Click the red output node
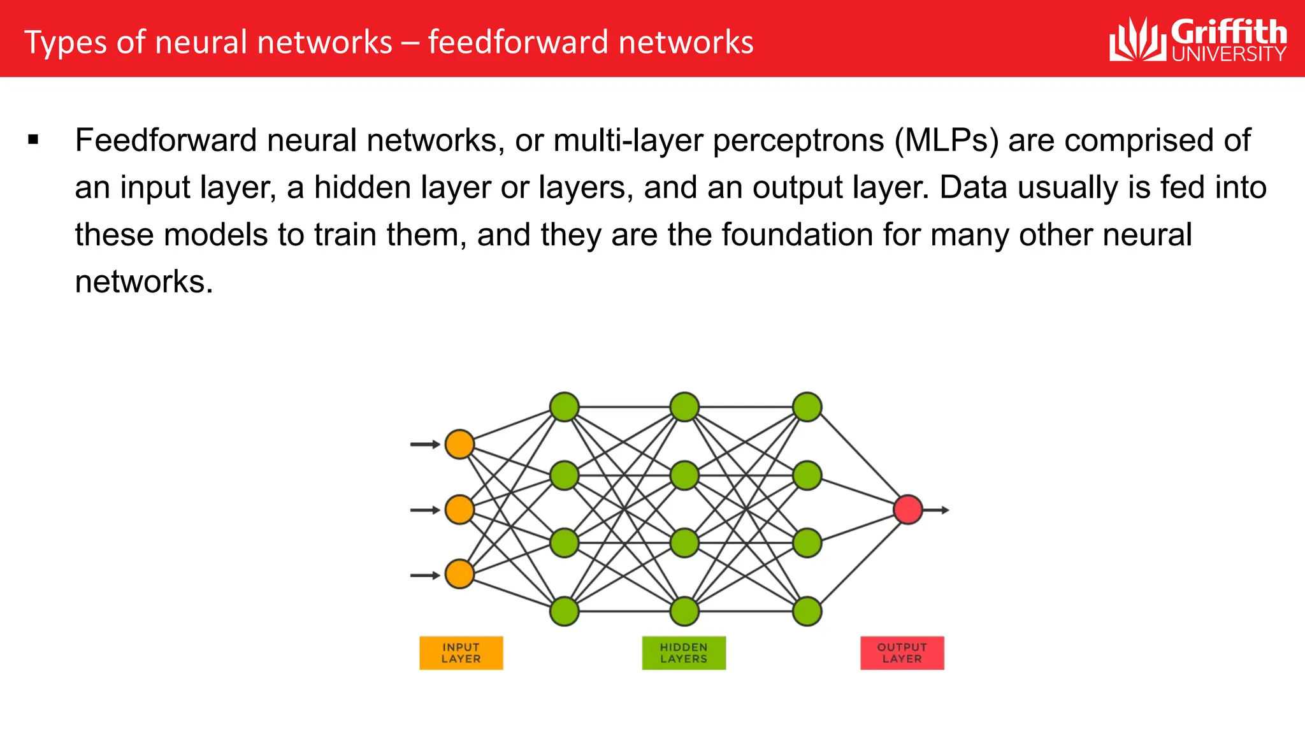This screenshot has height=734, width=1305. (x=908, y=510)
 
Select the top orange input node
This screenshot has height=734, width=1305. (x=459, y=444)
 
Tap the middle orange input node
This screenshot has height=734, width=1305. (x=459, y=510)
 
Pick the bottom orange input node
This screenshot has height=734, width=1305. (x=459, y=574)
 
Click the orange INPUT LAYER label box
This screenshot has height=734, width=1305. (x=461, y=653)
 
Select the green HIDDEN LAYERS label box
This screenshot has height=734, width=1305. (x=684, y=653)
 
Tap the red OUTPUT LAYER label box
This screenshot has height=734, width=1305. (x=902, y=653)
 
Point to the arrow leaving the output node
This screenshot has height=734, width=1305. (x=937, y=510)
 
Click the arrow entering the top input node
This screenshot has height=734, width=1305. (x=425, y=444)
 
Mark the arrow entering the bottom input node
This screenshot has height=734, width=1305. (x=425, y=575)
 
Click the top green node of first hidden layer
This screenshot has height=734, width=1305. (x=564, y=407)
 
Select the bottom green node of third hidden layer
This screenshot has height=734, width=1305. (x=807, y=611)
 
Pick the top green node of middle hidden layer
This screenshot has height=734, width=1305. (x=685, y=407)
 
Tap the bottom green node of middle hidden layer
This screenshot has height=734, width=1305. (x=685, y=611)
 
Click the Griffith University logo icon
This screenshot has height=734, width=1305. (x=1137, y=40)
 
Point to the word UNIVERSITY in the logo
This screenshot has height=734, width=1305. (x=1229, y=54)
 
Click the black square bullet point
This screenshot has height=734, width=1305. (x=34, y=140)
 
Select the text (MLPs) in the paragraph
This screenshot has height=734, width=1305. (x=946, y=141)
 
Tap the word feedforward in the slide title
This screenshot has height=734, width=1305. (x=518, y=43)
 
